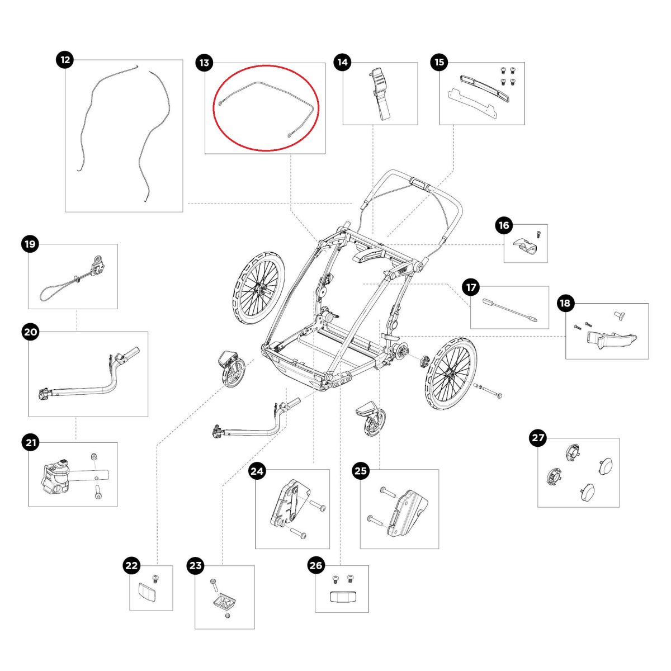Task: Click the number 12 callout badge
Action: (x=66, y=59)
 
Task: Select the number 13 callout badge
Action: (x=204, y=63)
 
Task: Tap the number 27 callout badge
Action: (x=538, y=438)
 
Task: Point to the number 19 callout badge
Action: (x=29, y=244)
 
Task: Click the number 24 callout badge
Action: (x=257, y=471)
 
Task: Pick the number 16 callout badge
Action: (x=504, y=225)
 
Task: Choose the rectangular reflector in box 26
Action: (x=342, y=597)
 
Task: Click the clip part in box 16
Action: (x=523, y=247)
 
